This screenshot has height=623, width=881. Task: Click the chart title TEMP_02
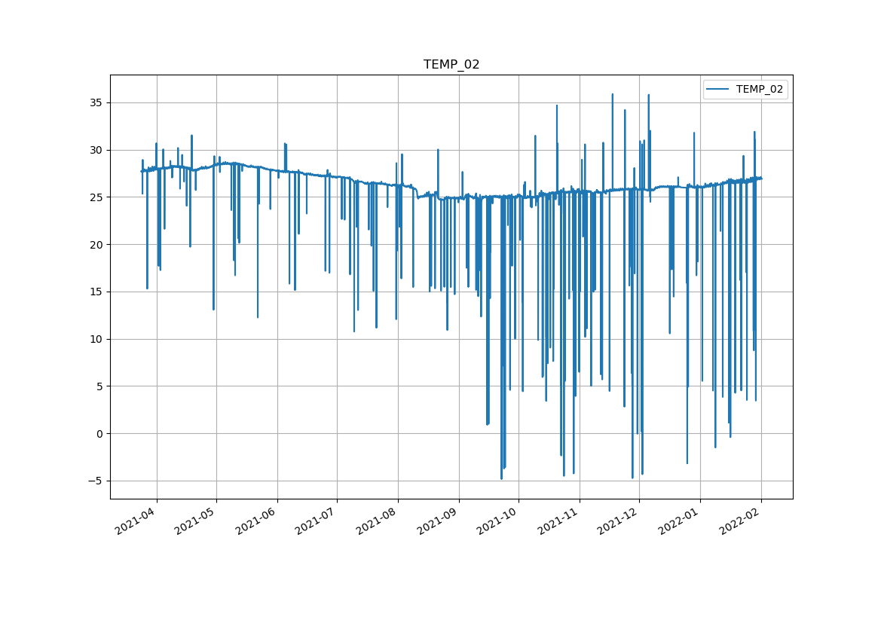point(451,65)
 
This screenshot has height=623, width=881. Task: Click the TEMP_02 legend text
point(759,90)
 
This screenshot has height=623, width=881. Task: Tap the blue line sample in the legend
point(717,90)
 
